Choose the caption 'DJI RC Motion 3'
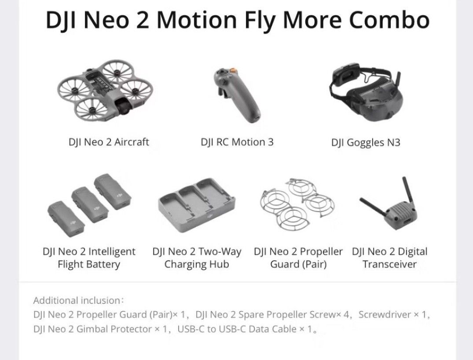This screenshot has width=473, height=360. pyautogui.click(x=237, y=142)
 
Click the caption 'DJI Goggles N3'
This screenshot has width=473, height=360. pyautogui.click(x=366, y=142)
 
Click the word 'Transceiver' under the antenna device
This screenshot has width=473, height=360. pyautogui.click(x=389, y=264)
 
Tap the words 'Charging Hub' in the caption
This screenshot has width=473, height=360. pyautogui.click(x=197, y=264)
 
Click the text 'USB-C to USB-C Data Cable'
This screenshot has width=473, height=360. pyautogui.click(x=236, y=329)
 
